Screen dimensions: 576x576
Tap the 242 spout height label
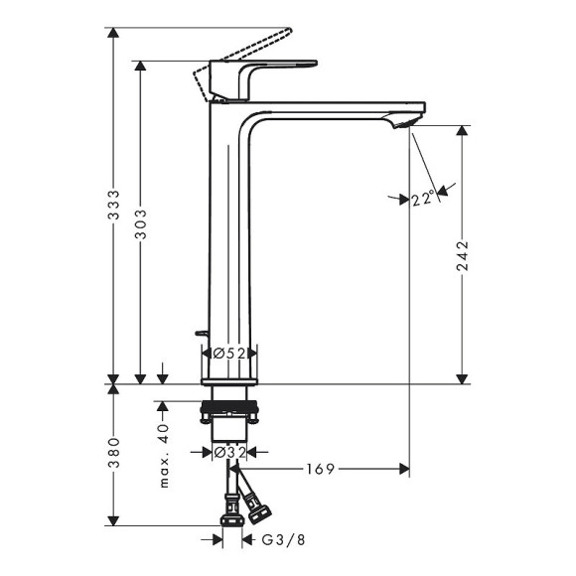tap(463, 257)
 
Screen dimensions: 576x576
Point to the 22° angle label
tap(422, 199)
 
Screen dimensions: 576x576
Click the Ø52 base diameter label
tap(229, 353)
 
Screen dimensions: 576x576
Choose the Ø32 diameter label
tap(229, 453)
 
